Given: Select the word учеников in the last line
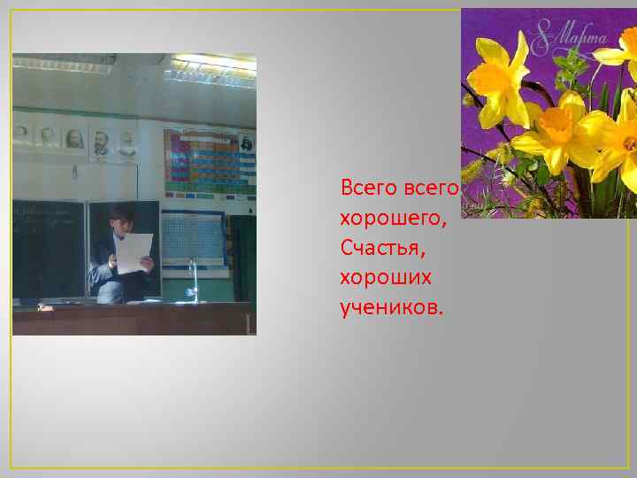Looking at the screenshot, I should [391, 308].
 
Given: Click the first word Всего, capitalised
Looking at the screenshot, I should [367, 188].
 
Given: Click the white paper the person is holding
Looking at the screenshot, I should [134, 252].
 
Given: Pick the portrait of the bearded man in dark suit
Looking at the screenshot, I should [101, 141].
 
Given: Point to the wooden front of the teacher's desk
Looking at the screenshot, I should [133, 320].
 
